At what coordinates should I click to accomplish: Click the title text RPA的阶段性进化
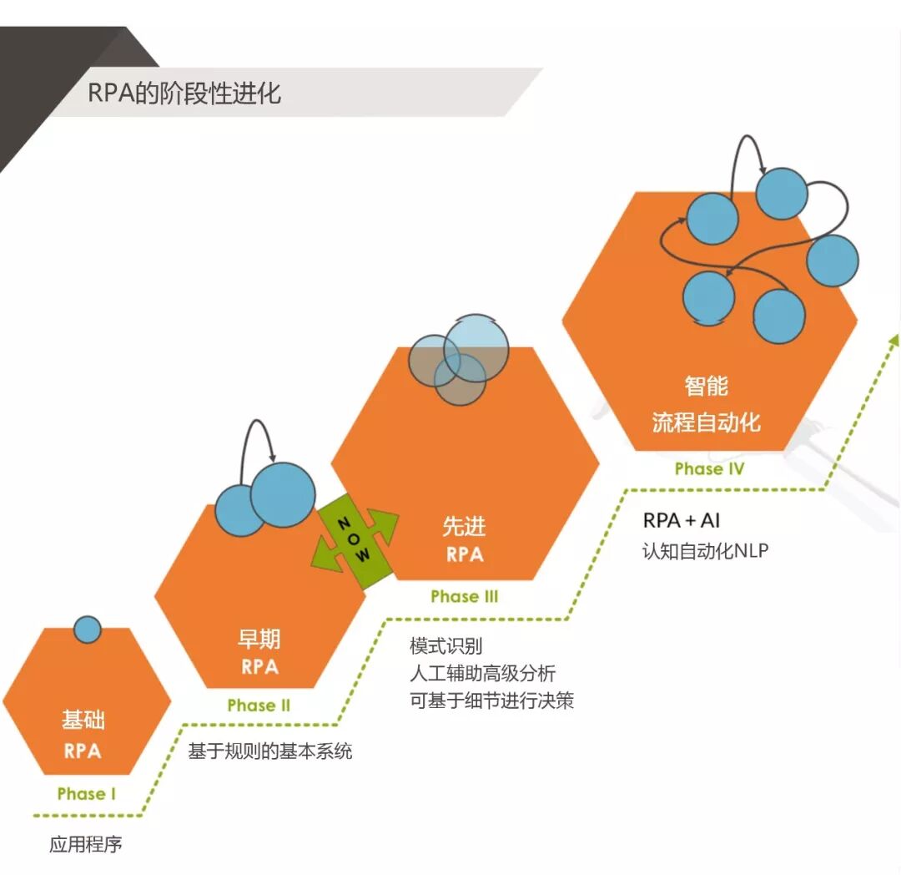tap(184, 92)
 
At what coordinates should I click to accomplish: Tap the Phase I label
tap(87, 793)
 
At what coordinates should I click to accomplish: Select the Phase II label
tap(259, 705)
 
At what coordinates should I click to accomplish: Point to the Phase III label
tap(465, 596)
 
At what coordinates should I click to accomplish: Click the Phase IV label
tap(708, 468)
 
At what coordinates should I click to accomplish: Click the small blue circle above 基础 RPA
tap(87, 629)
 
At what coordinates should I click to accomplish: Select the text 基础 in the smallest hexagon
tap(83, 721)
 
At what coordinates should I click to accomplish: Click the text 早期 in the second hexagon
tap(259, 640)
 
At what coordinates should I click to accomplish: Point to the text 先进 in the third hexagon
tap(464, 527)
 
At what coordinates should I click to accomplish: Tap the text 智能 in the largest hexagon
tap(707, 386)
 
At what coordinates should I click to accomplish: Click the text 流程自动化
tap(707, 422)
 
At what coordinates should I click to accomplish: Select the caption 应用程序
tap(86, 844)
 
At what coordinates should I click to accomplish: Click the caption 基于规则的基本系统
tap(270, 751)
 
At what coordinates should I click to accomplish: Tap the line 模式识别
tap(445, 646)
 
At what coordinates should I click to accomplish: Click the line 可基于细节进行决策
tap(491, 701)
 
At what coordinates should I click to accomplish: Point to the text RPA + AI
tap(681, 520)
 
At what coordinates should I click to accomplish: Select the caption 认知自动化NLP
tap(704, 552)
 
